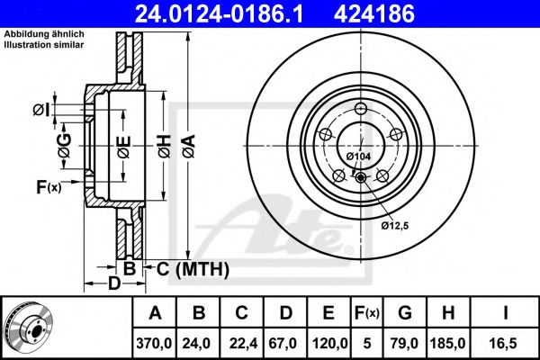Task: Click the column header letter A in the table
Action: [x=156, y=313]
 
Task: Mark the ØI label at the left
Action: [x=40, y=110]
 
